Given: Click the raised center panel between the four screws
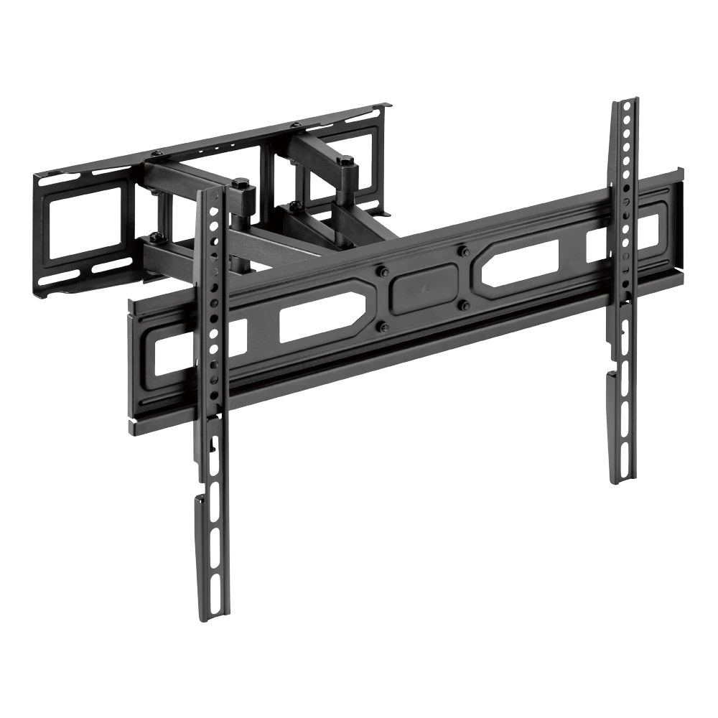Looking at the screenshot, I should pos(424,287).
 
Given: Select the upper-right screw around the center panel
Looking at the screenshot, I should pos(464,251).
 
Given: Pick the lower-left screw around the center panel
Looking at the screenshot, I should pos(383,327).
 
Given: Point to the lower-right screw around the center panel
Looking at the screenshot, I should pos(465,305).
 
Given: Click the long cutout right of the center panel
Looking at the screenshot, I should pos(522,262).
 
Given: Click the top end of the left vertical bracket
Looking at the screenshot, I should pos(208,192).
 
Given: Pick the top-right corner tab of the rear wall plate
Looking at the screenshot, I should pos(388,106).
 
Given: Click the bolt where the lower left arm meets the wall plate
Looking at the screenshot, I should pos(154,237).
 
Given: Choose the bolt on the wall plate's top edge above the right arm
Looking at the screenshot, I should pos(294,126).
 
